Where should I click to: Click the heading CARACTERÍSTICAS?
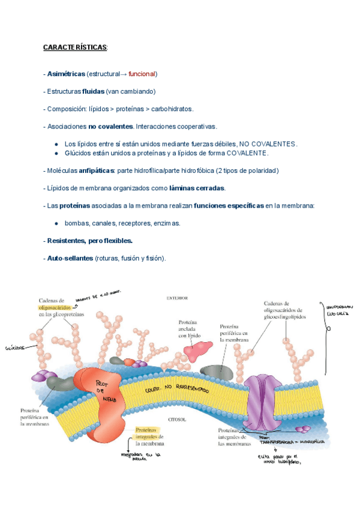coord(75,47)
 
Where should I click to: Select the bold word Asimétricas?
coord(66,74)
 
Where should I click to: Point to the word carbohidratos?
coord(172,109)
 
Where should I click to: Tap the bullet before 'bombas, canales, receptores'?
coord(56,223)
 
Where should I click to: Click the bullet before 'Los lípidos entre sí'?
coord(56,144)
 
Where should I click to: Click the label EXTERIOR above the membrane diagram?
coord(178,297)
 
